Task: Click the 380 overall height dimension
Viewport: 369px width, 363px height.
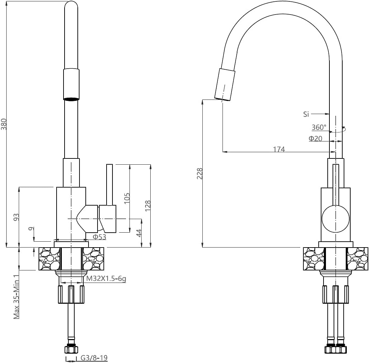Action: coord(4,124)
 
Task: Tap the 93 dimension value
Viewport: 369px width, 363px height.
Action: coord(16,217)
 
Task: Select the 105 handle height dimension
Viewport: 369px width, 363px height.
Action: coord(127,198)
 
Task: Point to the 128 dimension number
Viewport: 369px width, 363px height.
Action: coord(148,206)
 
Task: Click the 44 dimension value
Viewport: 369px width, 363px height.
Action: coord(139,233)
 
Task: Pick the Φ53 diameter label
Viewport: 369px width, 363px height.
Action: coord(99,237)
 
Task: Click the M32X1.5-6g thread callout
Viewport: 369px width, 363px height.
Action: coord(106,279)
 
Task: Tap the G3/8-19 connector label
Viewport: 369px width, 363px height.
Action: coord(94,358)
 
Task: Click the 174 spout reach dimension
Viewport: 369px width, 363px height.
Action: coord(279,149)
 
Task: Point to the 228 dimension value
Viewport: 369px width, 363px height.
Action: coord(200,173)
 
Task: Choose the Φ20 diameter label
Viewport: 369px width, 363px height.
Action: coord(315,138)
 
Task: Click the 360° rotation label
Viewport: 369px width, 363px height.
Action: coord(319,127)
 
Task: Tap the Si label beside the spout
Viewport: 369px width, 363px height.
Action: coord(306,114)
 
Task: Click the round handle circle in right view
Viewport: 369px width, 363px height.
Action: coord(336,219)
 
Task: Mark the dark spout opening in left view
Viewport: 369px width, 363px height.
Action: coord(71,99)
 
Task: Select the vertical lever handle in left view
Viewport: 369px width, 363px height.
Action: coord(109,185)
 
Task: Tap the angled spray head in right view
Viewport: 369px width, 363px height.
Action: coord(225,85)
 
